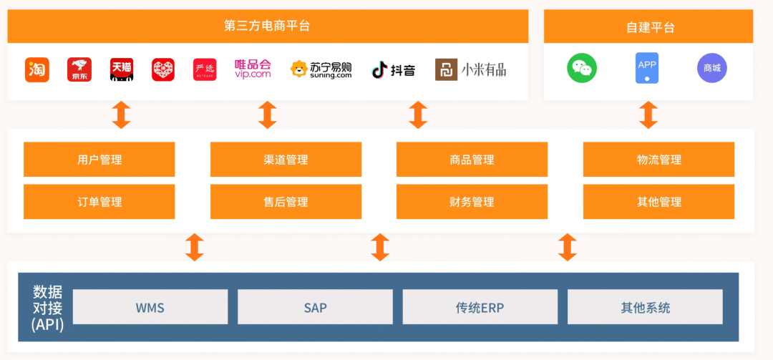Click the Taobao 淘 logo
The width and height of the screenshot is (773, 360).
click(37, 69)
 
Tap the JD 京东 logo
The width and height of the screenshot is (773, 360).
click(79, 69)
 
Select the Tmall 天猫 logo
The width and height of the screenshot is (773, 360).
click(122, 69)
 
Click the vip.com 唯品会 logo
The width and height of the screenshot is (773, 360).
click(253, 69)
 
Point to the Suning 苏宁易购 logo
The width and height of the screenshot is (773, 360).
click(321, 69)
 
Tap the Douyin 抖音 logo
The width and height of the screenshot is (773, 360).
click(393, 69)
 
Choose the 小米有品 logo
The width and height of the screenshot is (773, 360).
click(470, 69)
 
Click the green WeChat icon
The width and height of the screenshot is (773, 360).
click(582, 69)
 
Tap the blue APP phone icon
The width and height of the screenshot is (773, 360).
click(647, 69)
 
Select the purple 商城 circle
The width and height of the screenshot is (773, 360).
click(711, 69)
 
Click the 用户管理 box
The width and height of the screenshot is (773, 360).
click(99, 160)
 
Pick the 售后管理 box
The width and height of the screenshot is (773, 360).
click(286, 202)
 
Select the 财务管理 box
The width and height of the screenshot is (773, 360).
click(472, 202)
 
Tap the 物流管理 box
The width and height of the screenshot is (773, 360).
click(658, 160)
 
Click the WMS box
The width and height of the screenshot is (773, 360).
click(150, 308)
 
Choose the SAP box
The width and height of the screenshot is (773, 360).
click(315, 308)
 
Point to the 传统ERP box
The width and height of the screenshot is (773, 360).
click(480, 308)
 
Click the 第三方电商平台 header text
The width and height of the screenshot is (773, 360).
click(267, 26)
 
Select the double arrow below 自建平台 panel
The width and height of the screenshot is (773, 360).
click(648, 115)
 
